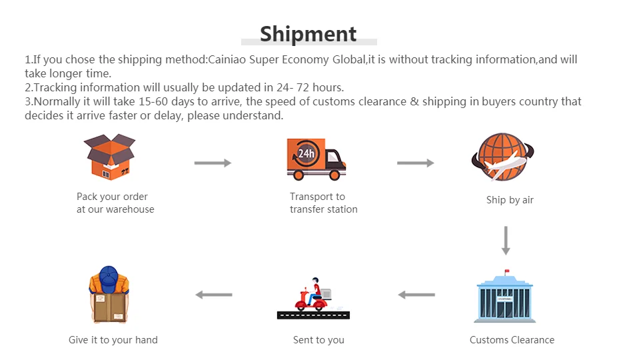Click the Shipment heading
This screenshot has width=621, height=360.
click(308, 33)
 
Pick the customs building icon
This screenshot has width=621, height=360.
click(505, 298)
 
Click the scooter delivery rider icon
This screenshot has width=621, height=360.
click(312, 297)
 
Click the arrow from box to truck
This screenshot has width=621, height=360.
click(213, 163)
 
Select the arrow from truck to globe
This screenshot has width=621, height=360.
click(415, 163)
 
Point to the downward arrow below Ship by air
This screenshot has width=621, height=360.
click(506, 240)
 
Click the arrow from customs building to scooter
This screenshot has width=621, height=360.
click(416, 295)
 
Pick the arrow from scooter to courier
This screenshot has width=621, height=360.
click(214, 295)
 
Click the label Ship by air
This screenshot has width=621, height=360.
click(510, 200)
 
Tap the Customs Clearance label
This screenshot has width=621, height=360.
click(512, 340)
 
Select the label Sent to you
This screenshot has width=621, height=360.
click(318, 340)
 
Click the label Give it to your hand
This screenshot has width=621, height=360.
click(113, 340)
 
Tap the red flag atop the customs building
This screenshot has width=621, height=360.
click(507, 272)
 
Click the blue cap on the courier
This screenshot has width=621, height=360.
click(109, 273)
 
